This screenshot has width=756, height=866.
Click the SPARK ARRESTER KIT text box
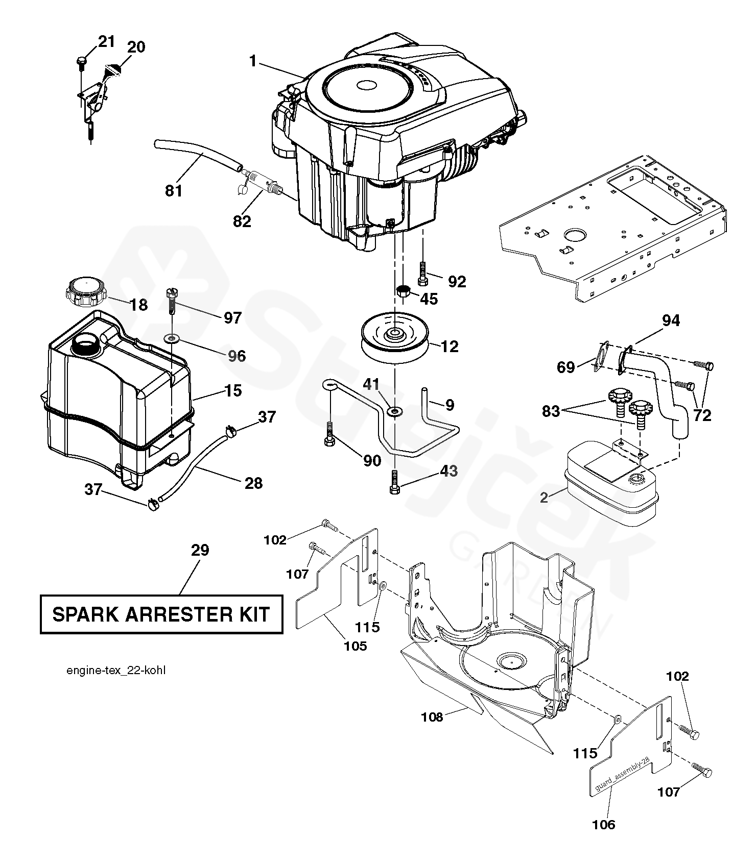click(x=161, y=614)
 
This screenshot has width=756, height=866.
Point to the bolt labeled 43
click(x=394, y=481)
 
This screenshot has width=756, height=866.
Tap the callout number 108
click(x=432, y=717)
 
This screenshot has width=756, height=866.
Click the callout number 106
click(x=604, y=824)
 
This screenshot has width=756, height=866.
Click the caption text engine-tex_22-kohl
click(x=116, y=670)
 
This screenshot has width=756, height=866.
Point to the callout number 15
click(x=232, y=391)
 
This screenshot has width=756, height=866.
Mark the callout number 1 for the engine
click(x=253, y=61)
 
